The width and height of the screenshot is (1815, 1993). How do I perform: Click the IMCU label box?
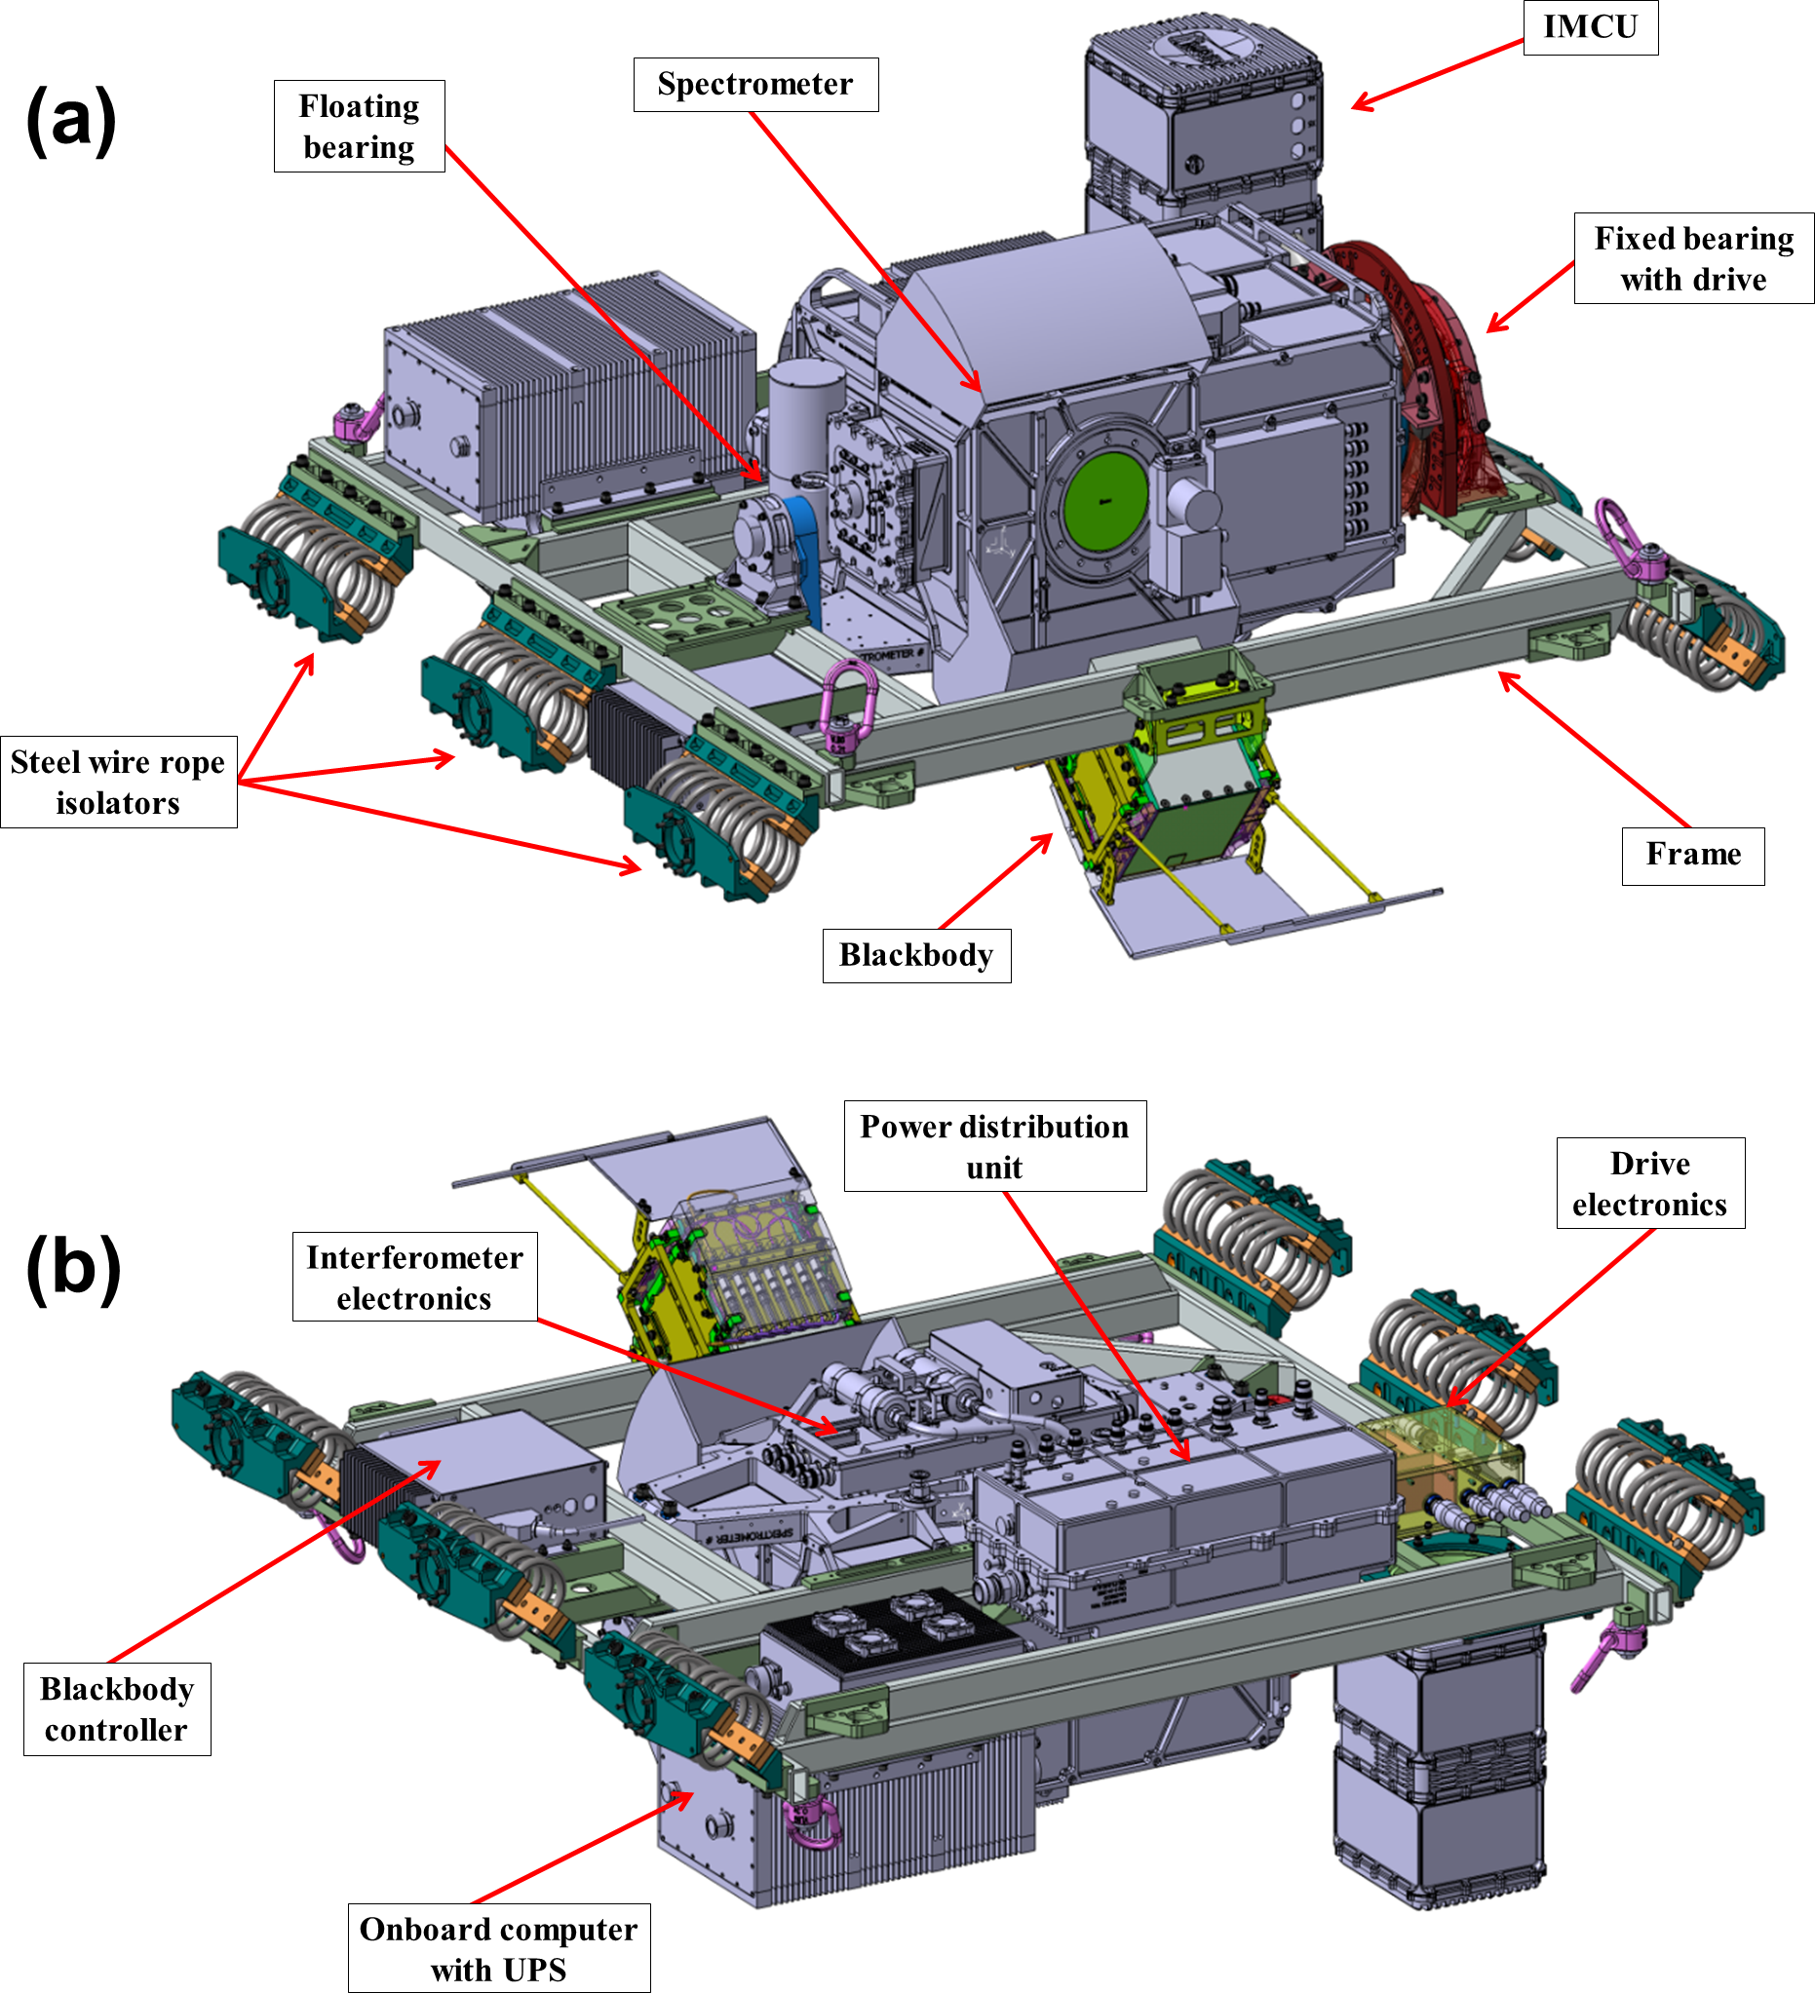[1590, 26]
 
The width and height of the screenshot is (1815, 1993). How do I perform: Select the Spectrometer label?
[755, 85]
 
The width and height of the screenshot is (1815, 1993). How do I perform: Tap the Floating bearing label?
[359, 127]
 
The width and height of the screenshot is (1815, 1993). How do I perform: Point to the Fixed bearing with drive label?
[1693, 259]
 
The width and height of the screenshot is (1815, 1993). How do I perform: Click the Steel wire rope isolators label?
[119, 782]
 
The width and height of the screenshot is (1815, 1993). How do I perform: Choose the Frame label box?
[1692, 855]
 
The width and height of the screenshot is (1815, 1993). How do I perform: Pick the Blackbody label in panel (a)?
[916, 956]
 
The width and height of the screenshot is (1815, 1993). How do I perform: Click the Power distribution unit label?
[994, 1147]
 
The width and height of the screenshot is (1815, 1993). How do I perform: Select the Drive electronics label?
[1650, 1183]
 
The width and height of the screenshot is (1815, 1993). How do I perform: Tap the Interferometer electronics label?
[414, 1278]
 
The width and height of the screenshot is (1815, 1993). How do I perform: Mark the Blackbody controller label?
[117, 1709]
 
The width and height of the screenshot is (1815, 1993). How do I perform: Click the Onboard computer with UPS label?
[499, 1948]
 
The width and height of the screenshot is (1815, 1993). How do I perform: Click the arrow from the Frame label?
[1592, 747]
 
